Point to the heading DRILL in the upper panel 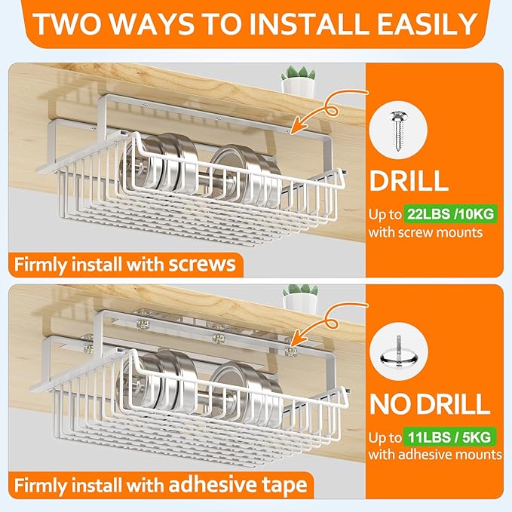coord(409,181)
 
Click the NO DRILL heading coord(430,403)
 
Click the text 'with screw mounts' coord(425,232)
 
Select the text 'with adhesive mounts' coord(435,455)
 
